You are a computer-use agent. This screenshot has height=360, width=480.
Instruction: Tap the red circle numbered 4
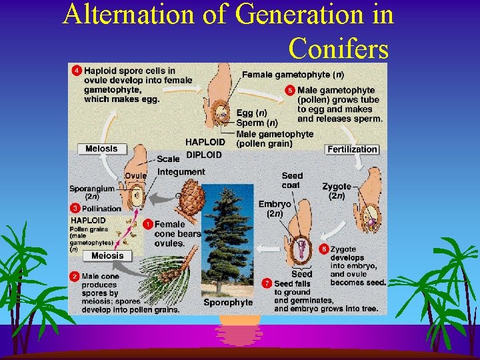pos(77,71)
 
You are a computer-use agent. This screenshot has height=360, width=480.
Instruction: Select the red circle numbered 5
pos(290,90)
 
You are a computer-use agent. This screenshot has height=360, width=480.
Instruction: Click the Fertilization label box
pos(352,149)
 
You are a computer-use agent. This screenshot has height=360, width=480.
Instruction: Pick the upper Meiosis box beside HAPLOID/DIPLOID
pos(101,149)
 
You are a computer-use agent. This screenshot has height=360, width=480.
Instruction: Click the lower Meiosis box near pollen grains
pos(107,256)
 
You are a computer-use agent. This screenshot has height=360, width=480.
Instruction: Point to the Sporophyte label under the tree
pos(228,302)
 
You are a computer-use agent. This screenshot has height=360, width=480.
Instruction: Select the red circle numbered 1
pos(147,225)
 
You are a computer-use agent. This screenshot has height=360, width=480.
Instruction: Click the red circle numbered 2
pos(75,276)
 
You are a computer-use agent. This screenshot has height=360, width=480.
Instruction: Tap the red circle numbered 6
pos(324,249)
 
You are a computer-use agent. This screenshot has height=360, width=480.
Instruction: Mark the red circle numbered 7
pos(267,283)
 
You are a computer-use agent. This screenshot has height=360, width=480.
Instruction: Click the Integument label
pos(181,172)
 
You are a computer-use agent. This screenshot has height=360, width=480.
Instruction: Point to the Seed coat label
pos(291,181)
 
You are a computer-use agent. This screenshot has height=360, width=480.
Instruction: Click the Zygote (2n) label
pos(336,191)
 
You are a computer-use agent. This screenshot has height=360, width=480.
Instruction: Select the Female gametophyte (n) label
pos(293,75)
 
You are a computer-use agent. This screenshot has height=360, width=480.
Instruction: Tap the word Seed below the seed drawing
pos(301,274)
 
